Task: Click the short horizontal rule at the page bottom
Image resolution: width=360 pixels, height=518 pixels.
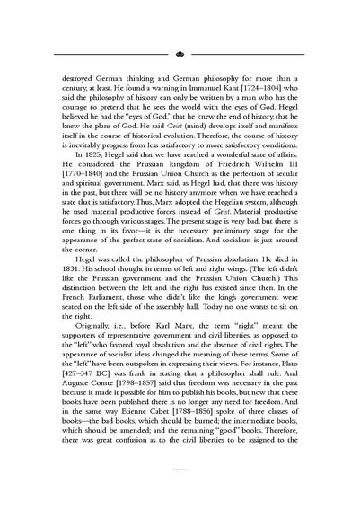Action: [180, 469]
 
